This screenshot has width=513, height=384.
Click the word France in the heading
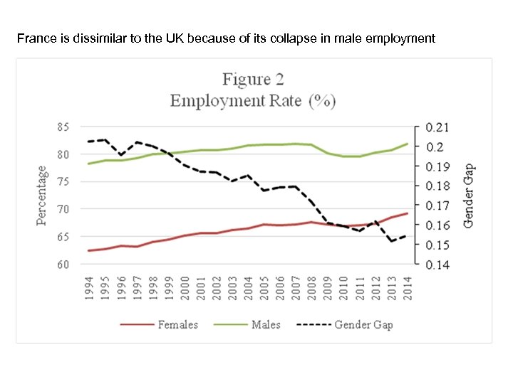(34, 38)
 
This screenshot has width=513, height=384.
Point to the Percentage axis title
(42, 196)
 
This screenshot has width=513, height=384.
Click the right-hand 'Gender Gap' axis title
(468, 196)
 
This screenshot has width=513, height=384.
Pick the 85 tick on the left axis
(63, 127)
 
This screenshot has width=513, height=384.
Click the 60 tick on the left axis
(63, 265)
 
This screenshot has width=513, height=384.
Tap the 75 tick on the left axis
(63, 182)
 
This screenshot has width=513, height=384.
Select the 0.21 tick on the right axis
(437, 127)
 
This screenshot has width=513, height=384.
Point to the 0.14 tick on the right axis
(437, 265)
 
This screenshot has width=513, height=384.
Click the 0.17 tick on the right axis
(437, 206)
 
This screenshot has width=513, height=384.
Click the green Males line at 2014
(407, 144)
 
